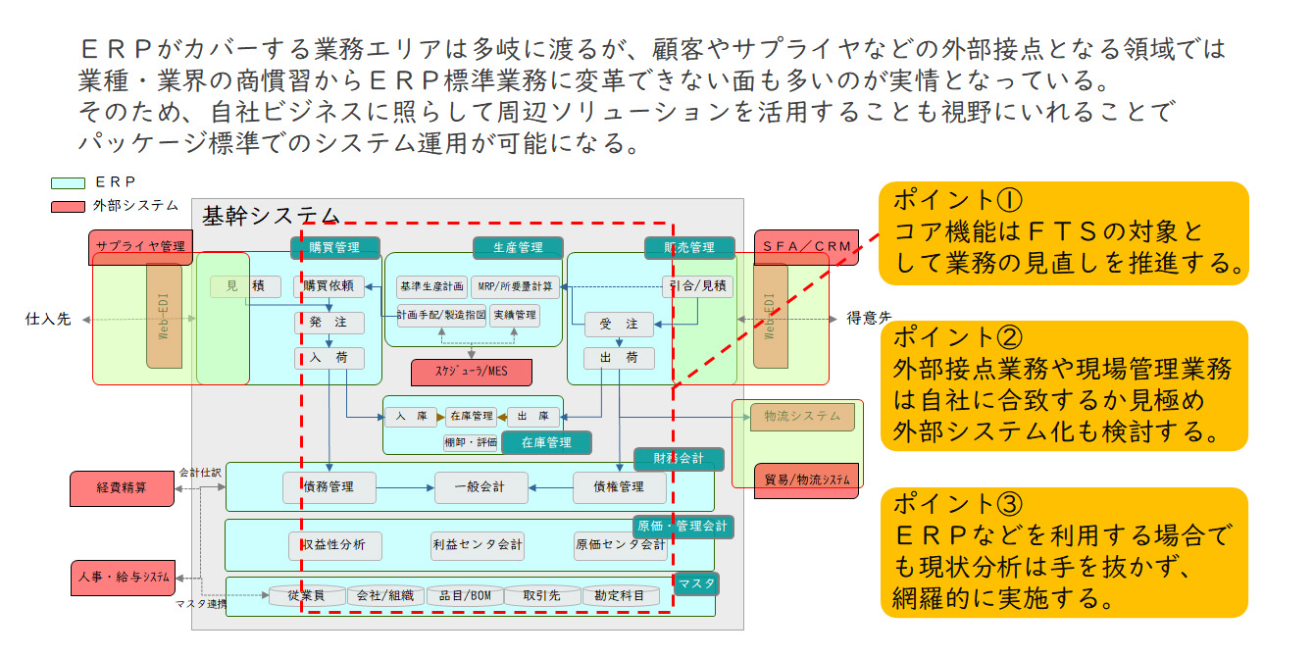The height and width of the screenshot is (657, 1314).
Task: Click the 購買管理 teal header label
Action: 334,248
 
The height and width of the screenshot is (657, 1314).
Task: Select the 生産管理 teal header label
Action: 518,248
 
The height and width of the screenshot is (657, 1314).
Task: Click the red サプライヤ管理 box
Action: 140,247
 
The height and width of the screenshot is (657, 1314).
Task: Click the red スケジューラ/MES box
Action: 471,372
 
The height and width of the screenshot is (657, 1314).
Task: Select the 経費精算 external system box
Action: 123,487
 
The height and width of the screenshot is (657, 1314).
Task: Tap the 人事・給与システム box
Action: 123,576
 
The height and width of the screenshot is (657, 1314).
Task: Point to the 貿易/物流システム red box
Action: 807,480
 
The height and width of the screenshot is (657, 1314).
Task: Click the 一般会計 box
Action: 481,487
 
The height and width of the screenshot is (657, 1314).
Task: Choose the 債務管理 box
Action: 329,487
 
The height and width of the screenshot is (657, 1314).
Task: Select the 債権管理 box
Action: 620,487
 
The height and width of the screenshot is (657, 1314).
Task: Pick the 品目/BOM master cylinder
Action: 465,595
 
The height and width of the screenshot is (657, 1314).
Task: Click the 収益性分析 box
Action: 333,544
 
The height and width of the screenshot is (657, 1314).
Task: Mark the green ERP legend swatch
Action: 68,182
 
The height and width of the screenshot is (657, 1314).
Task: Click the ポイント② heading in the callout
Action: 956,337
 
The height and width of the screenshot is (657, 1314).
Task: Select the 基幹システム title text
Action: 270,215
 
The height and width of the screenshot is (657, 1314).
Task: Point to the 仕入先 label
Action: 48,319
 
